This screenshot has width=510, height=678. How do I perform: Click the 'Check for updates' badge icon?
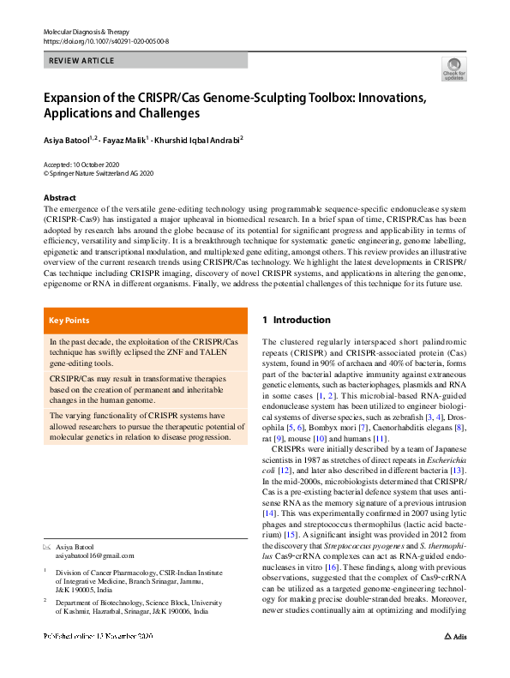pos(453,69)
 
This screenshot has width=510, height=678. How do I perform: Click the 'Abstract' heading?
pos(60,196)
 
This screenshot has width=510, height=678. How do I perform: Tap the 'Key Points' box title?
pos(69,321)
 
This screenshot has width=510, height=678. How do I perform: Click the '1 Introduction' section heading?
pos(296,320)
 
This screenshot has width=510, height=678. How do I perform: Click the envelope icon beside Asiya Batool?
pos(47,546)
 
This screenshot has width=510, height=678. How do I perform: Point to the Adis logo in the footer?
pos(454,662)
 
